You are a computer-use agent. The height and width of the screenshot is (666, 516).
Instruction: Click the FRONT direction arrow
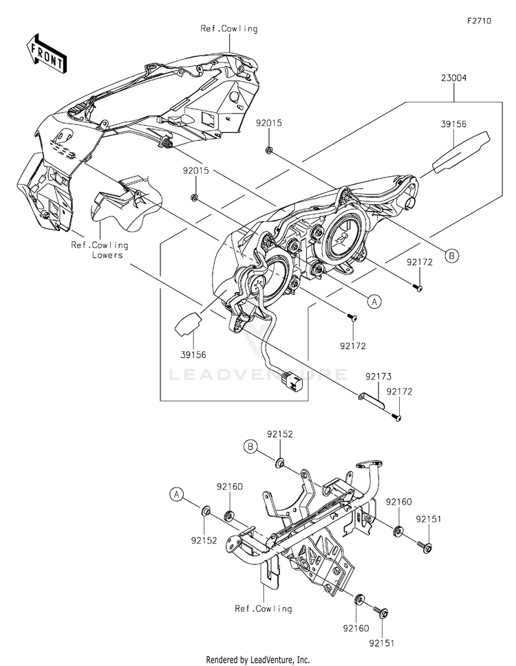(x=46, y=53)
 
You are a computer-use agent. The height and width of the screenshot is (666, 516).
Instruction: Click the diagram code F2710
(x=479, y=21)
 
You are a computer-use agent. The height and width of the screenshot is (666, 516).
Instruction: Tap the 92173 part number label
(x=378, y=377)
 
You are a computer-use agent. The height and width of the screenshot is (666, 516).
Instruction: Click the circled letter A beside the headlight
(x=374, y=301)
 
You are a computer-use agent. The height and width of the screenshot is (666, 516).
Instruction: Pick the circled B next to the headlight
(x=452, y=256)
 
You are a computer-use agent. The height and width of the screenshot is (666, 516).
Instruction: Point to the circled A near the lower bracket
(x=176, y=494)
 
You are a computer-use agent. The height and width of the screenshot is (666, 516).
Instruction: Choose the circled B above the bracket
(x=250, y=447)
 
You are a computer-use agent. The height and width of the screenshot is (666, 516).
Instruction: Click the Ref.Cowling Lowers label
(x=100, y=250)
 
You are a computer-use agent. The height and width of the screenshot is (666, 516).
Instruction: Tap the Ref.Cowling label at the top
(x=229, y=29)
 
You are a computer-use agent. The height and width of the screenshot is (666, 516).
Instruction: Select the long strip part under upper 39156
(x=461, y=153)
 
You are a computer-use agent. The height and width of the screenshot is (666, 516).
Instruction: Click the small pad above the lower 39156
(x=187, y=324)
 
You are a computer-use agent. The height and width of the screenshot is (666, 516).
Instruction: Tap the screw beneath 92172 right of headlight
(x=417, y=288)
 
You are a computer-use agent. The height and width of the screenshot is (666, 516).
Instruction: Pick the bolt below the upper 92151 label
(x=425, y=547)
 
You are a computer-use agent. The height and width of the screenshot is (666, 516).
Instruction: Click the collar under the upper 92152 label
(x=280, y=463)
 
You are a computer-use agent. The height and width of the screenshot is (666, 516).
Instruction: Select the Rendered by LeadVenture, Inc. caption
(x=258, y=660)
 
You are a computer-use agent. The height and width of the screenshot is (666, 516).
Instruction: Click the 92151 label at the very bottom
(x=381, y=643)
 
